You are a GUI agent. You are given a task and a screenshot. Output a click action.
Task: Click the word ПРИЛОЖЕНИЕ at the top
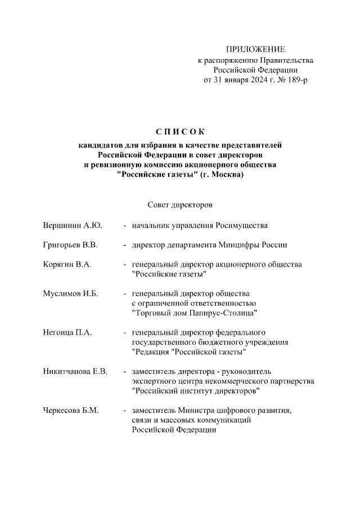[x=255, y=50]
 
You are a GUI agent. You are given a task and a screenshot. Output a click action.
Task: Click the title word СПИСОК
[x=180, y=132]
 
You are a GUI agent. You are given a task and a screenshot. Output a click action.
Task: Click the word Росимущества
[x=241, y=226]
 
